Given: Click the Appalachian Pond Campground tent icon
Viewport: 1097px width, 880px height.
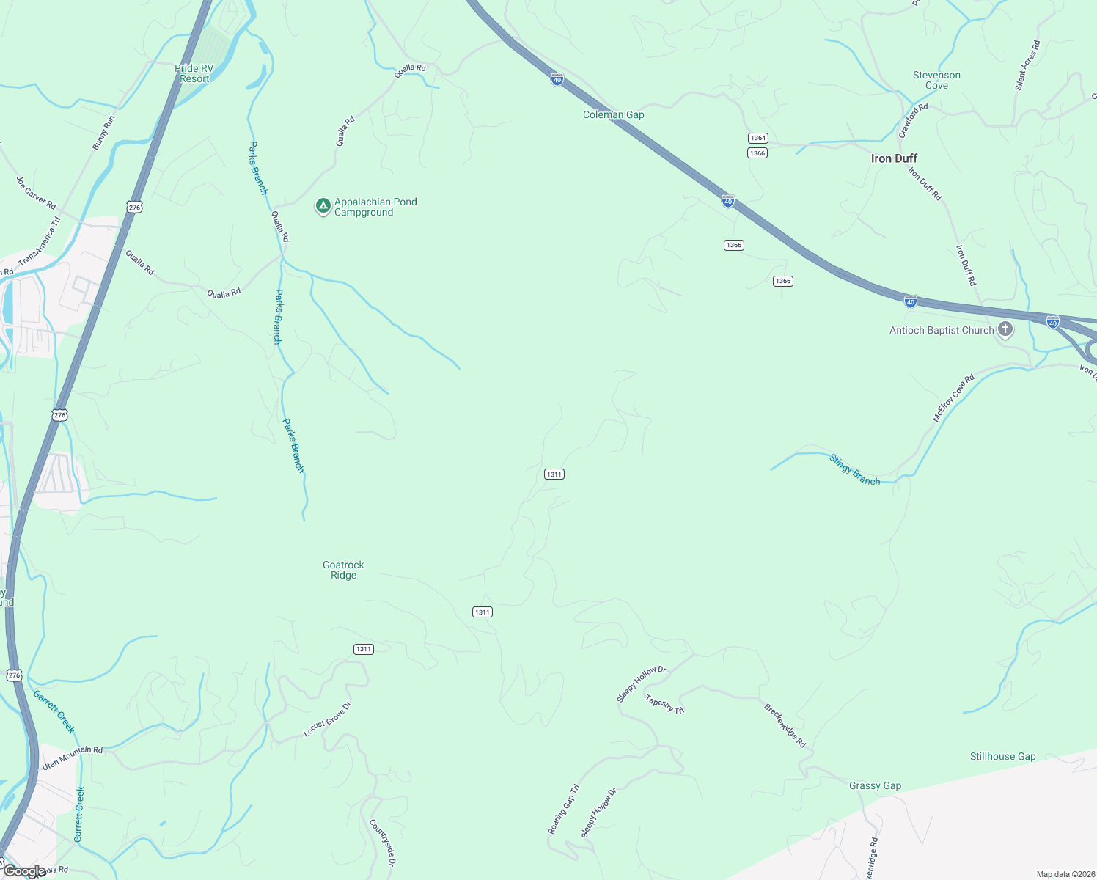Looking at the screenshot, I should tap(323, 206).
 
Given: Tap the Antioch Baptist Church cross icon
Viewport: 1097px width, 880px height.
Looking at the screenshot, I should tap(1005, 329).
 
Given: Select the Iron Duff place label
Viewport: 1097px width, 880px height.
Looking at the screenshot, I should tap(894, 158).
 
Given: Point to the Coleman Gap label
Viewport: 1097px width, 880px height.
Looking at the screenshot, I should tap(613, 114).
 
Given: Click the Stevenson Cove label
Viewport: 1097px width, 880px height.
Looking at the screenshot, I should tap(936, 80).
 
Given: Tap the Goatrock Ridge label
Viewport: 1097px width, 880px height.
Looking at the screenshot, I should tap(343, 570).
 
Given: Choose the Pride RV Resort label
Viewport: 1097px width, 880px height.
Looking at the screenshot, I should tap(194, 73).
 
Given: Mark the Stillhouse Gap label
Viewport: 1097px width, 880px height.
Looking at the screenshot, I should tap(1002, 756).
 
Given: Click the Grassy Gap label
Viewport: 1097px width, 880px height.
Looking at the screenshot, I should tap(875, 785).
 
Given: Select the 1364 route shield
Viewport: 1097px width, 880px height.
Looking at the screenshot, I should tap(757, 138).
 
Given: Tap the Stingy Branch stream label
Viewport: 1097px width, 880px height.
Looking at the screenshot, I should tap(854, 469).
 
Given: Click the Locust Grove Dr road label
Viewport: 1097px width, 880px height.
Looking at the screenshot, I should tap(328, 719).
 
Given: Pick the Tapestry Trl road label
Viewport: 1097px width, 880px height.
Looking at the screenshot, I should tap(665, 704).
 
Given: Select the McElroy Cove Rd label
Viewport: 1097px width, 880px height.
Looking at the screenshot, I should tap(953, 398).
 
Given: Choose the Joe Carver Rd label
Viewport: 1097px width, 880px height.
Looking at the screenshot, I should tap(36, 192).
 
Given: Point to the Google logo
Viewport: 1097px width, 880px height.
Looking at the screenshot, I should tap(23, 871).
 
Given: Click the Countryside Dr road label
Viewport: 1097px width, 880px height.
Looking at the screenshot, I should tap(382, 843).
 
